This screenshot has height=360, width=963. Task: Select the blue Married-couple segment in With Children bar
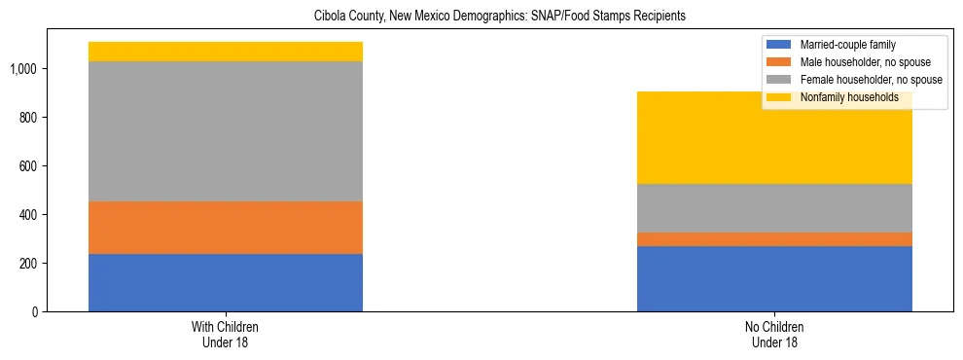[226, 282]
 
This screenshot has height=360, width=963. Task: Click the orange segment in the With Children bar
[226, 228]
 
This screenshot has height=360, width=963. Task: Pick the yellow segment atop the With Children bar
[226, 52]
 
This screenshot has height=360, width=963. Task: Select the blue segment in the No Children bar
[774, 278]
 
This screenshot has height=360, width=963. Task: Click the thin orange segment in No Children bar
[774, 239]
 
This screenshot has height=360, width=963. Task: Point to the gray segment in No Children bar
[774, 208]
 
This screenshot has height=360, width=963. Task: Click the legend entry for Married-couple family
[847, 45]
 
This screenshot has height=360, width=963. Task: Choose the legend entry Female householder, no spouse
[870, 80]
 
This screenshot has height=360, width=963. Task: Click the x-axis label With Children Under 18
[226, 335]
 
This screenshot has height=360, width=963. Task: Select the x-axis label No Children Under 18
[774, 335]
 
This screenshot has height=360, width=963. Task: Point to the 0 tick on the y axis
[34, 312]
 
